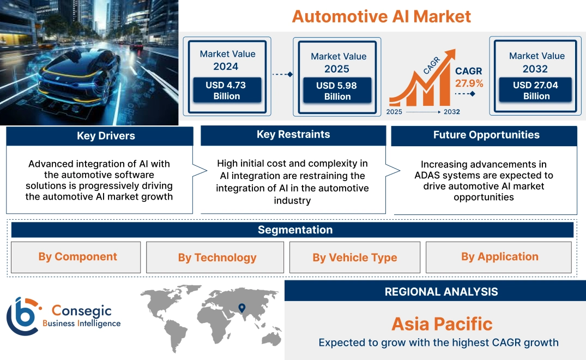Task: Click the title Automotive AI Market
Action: pyautogui.click(x=381, y=16)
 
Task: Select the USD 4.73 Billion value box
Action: pyautogui.click(x=226, y=91)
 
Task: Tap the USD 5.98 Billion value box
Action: pyautogui.click(x=337, y=91)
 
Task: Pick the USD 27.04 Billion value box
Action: pyautogui.click(x=536, y=91)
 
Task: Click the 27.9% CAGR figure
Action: pyautogui.click(x=469, y=83)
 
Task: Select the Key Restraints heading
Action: pyautogui.click(x=293, y=135)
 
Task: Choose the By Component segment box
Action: pyautogui.click(x=77, y=257)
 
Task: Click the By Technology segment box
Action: pyautogui.click(x=216, y=257)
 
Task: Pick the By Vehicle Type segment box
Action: pyautogui.click(x=354, y=257)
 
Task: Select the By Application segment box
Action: pyautogui.click(x=499, y=257)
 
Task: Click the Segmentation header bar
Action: pyautogui.click(x=295, y=230)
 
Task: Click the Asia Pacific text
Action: pyautogui.click(x=442, y=324)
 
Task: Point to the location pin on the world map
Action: pyautogui.click(x=242, y=309)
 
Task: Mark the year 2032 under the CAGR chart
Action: pyautogui.click(x=451, y=112)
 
